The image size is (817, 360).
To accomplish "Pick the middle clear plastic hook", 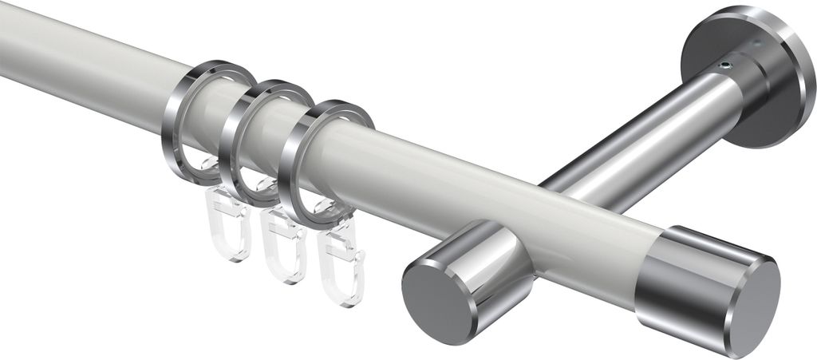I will pyautogui.click(x=284, y=252).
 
